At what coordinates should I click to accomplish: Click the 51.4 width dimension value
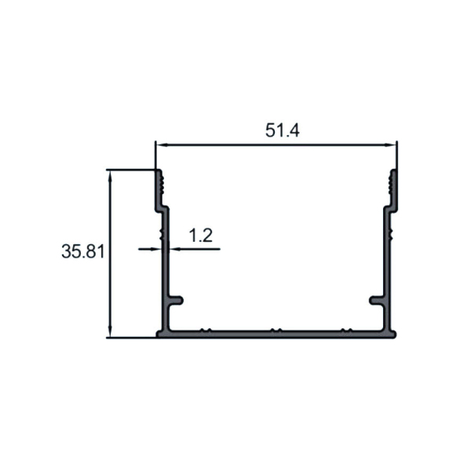click(283, 130)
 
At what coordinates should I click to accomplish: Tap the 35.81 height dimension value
click(83, 251)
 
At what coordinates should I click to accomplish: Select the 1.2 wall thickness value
click(201, 235)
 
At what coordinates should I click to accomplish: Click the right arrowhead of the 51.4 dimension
click(390, 145)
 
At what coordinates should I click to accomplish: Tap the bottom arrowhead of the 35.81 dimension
click(110, 331)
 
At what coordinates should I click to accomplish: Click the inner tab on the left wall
click(176, 300)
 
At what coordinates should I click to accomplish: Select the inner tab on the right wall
click(377, 300)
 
